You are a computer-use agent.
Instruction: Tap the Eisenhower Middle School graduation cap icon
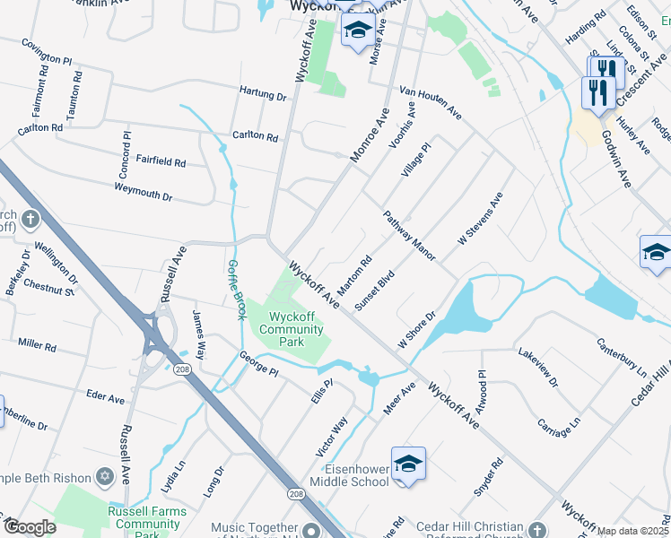tap(408, 463)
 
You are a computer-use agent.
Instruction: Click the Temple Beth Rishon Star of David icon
tap(104, 474)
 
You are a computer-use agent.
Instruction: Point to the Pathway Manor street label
tap(409, 236)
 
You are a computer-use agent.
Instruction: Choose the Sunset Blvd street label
tap(375, 290)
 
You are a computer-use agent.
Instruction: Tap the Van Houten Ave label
tap(431, 104)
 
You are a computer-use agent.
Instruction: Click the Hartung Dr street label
tap(263, 94)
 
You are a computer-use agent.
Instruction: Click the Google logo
tap(30, 526)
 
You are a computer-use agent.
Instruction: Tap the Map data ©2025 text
tap(633, 531)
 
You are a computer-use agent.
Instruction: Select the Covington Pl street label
tap(46, 52)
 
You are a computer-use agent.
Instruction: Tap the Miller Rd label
tap(37, 345)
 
